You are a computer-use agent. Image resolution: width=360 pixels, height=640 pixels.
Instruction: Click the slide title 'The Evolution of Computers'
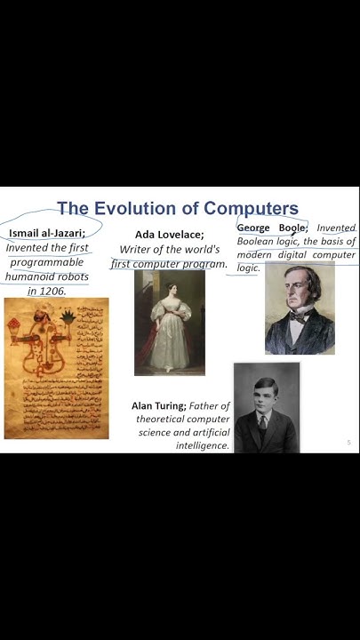tap(178, 209)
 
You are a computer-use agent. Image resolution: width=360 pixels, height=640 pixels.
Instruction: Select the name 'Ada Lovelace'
tap(169, 235)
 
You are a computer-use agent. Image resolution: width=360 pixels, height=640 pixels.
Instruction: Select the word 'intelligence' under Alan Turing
tap(203, 444)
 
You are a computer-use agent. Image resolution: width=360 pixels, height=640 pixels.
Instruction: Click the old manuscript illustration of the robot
tap(56, 367)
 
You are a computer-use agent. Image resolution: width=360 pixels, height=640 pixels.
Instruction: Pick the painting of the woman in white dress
tap(169, 323)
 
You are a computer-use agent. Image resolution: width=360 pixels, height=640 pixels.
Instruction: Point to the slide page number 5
tap(348, 442)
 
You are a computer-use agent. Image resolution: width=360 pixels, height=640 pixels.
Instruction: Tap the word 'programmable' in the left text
tap(47, 262)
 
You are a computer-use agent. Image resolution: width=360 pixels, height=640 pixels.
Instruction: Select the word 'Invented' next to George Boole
tap(336, 228)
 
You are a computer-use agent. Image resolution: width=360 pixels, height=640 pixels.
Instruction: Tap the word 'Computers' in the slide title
tap(251, 209)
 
